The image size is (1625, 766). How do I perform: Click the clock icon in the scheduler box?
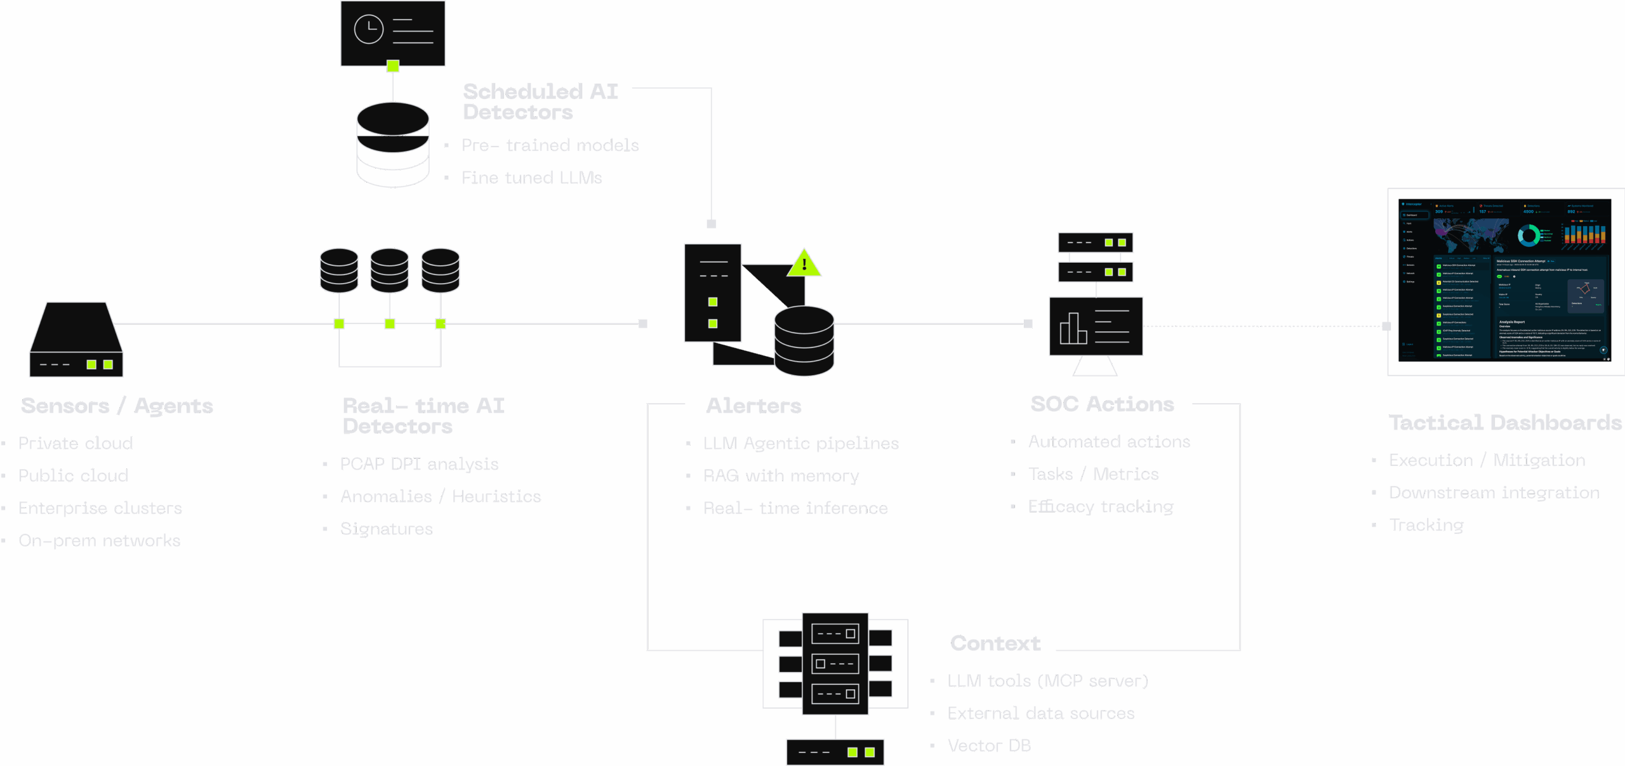click(369, 29)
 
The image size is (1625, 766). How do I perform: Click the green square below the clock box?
click(393, 65)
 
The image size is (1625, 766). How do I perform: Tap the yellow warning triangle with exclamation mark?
click(804, 264)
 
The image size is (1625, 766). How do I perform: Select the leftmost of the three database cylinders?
click(339, 270)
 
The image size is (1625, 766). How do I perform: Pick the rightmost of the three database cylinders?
click(441, 270)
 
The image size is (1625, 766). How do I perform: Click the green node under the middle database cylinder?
click(390, 324)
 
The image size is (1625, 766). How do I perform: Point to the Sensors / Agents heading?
click(117, 405)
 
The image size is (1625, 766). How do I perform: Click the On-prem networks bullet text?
click(100, 541)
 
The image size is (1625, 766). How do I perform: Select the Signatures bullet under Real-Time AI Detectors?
click(387, 528)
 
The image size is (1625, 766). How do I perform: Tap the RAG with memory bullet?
click(781, 475)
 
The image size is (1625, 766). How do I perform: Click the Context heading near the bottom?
click(993, 643)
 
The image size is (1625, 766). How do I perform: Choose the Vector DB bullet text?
click(989, 746)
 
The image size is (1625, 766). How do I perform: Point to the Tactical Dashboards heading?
click(1504, 422)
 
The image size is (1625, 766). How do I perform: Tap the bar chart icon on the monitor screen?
click(1073, 329)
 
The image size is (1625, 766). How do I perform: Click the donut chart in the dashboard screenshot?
click(1529, 235)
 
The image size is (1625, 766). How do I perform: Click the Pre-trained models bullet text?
click(552, 145)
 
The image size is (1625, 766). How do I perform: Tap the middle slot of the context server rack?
click(835, 664)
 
